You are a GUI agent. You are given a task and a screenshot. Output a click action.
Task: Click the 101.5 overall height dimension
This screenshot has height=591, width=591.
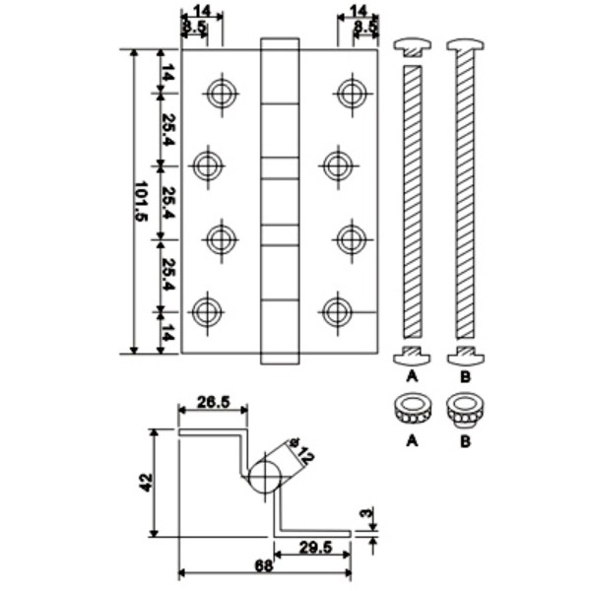(x=141, y=202)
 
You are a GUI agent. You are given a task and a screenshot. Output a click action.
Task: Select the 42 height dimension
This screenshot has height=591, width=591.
(x=146, y=483)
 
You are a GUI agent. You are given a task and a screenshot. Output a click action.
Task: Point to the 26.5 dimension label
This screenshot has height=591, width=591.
(x=213, y=401)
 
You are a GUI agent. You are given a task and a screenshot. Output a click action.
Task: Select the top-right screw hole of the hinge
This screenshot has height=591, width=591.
(x=350, y=94)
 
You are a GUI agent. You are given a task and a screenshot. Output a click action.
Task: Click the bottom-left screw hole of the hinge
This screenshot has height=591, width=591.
(x=206, y=312)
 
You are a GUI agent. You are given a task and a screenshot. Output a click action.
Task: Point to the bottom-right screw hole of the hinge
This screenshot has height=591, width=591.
(x=337, y=312)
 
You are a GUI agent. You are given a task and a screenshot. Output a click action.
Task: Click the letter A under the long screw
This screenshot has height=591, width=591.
(x=410, y=375)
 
